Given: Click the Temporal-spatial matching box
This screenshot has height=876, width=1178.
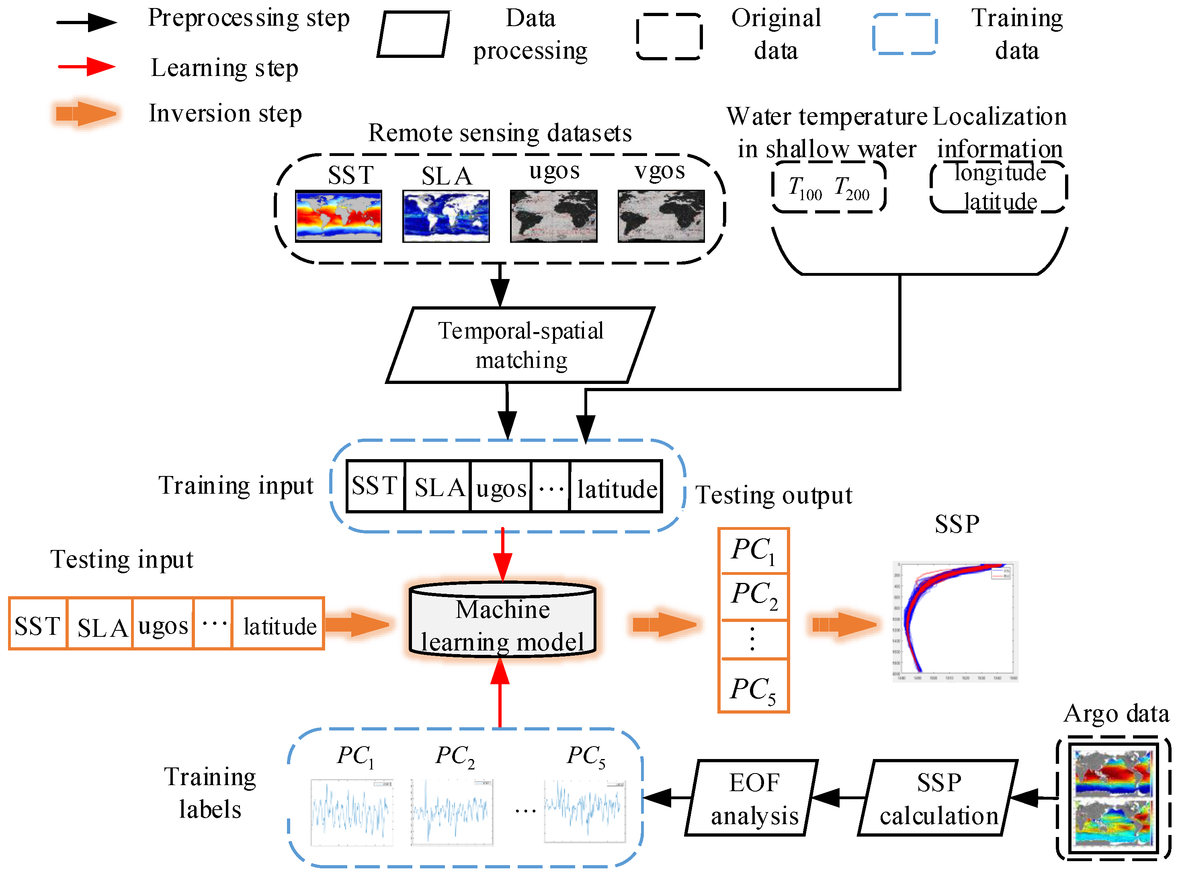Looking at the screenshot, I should point(520,345).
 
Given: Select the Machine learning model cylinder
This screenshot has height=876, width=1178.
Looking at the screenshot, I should point(502,620).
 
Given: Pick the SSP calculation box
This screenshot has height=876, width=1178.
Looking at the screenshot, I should point(937,798).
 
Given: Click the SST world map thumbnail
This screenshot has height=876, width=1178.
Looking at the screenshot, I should point(338,216).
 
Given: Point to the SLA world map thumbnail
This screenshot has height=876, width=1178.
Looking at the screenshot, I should point(446,216).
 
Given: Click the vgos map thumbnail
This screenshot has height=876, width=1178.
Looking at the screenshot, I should point(661,216).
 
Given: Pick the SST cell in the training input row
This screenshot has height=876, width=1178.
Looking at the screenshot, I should point(375,486).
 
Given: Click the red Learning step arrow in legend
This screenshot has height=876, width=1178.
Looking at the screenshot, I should point(86,67).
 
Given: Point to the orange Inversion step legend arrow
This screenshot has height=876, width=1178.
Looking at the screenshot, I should point(86,113).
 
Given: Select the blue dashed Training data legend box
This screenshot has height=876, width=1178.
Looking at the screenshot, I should point(904,34).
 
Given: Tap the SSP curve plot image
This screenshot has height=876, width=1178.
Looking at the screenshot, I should point(955,620).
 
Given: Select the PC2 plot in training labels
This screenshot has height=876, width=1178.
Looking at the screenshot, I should point(452,811).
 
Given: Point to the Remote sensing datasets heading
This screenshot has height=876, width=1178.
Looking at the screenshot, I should point(500,133).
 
